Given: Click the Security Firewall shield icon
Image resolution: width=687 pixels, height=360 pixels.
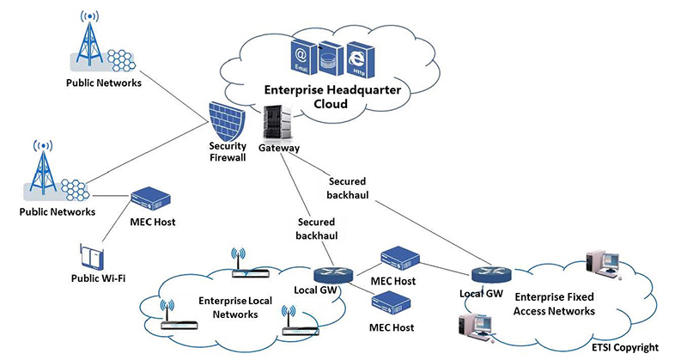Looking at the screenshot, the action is tap(228, 121).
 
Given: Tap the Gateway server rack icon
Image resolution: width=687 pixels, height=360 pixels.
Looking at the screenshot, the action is tap(277, 121).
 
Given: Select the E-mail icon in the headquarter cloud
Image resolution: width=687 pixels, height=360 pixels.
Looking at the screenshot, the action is tap(302, 57).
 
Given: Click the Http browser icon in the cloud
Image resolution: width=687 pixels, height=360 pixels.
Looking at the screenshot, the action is tap(360, 59).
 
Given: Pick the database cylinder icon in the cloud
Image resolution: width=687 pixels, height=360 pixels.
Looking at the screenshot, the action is tap(331, 58).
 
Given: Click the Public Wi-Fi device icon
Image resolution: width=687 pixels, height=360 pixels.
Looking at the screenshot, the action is tap(92, 257).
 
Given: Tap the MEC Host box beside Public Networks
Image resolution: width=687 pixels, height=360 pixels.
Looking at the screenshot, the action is tap(151, 200).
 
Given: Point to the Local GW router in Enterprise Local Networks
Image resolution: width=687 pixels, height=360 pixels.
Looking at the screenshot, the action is tap(333, 274).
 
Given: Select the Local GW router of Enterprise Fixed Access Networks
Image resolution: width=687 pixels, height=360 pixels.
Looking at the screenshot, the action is tap(491, 274).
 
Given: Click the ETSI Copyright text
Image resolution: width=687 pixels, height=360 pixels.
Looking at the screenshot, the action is tap(625, 348).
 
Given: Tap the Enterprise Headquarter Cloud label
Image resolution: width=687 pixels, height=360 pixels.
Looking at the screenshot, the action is tap(332, 97).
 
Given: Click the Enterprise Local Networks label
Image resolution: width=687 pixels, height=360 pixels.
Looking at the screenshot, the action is tap(235, 308).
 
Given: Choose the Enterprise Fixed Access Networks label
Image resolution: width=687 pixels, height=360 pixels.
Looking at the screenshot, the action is tap(554, 304).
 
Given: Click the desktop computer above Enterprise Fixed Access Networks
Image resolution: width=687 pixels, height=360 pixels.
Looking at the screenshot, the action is tap(603, 265).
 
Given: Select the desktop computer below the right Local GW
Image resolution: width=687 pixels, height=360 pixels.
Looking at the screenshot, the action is tap(477, 327).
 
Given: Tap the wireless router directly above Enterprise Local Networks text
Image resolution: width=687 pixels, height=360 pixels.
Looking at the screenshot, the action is tap(250, 265).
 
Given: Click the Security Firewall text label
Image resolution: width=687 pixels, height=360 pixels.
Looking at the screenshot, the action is tap(228, 152).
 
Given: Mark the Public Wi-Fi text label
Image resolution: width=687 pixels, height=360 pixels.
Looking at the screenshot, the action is tap(98, 278).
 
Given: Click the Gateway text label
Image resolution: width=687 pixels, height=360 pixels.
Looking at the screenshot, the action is tap(278, 148).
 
